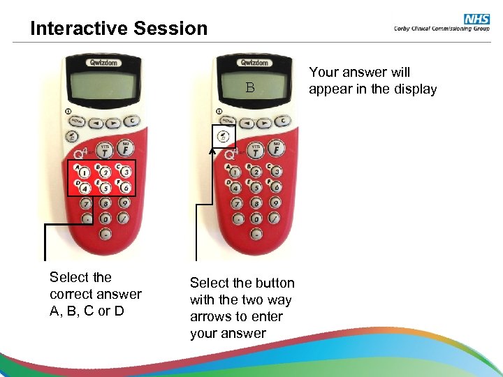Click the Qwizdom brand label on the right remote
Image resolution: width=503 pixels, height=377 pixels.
tap(254, 62)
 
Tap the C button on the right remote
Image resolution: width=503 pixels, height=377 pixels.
tap(284, 120)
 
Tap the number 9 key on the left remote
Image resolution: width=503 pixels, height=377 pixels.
tap(124, 204)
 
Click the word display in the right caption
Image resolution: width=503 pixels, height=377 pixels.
tap(414, 89)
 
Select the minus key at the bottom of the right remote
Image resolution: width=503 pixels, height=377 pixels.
tap(256, 234)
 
